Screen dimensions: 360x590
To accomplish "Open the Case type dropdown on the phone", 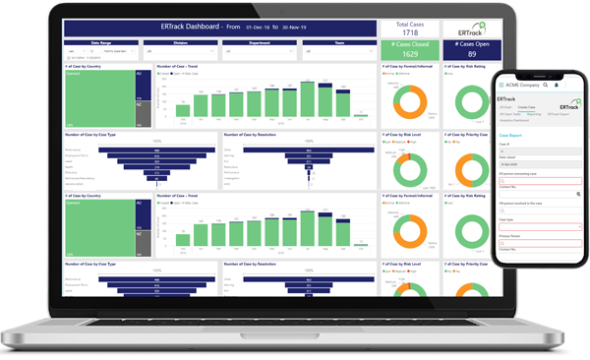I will [540, 227].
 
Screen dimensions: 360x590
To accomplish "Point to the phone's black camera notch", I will [539, 74].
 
